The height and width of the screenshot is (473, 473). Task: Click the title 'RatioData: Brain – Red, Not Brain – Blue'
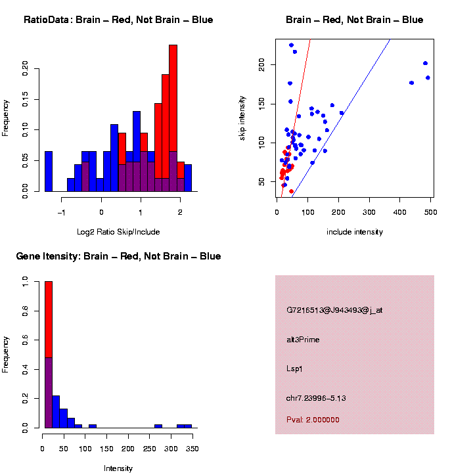[x=118, y=20]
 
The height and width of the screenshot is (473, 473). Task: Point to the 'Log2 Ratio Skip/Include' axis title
[x=118, y=232]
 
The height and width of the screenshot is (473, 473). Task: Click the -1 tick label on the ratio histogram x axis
[x=62, y=212]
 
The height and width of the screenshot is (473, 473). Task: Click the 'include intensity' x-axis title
[x=355, y=232]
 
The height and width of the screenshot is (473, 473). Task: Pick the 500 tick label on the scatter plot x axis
[x=430, y=212]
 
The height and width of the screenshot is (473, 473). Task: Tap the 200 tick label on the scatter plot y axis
[x=265, y=64]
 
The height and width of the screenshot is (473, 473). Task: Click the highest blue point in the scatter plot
[x=292, y=45]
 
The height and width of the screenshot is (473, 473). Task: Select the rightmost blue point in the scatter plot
[x=428, y=78]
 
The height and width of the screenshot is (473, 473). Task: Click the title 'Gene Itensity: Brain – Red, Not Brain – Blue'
[x=118, y=256]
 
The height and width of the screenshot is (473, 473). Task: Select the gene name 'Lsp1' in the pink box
[x=294, y=369]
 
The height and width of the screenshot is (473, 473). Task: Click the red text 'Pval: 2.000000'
[x=313, y=420]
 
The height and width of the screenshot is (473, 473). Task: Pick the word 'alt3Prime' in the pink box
[x=303, y=340]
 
